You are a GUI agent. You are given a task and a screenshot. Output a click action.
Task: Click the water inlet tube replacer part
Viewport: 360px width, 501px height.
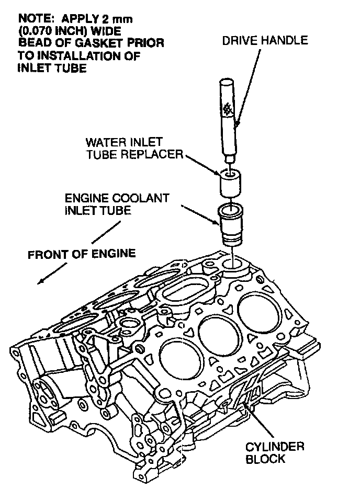tap(229, 185)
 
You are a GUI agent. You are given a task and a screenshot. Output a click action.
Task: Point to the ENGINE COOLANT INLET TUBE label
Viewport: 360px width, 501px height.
tap(117, 204)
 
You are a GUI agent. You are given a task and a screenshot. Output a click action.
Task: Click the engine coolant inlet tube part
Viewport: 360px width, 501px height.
tap(231, 225)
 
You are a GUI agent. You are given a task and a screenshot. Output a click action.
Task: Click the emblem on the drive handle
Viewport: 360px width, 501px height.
tap(228, 108)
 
